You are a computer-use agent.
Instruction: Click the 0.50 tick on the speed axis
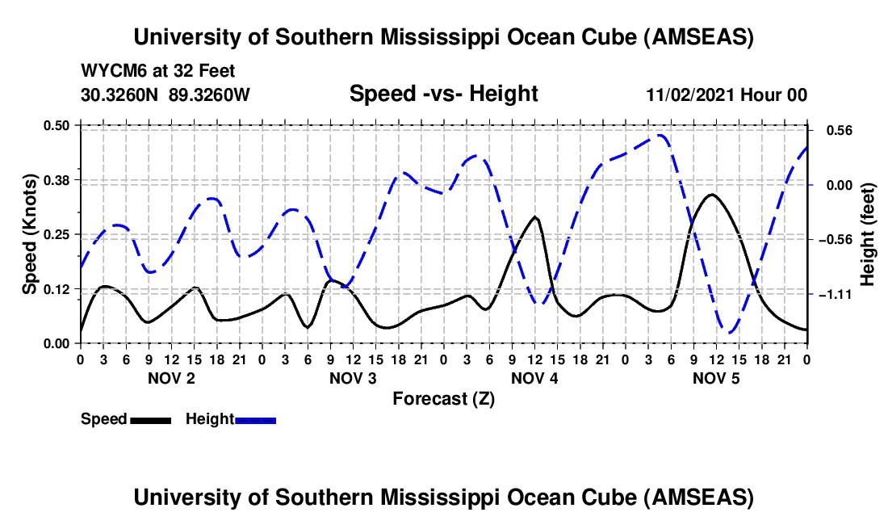point(57,125)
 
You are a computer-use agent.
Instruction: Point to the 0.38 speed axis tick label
point(57,179)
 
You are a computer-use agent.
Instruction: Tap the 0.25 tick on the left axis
point(57,234)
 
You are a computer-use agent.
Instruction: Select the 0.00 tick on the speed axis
point(57,343)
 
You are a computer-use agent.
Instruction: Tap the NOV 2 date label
point(170,378)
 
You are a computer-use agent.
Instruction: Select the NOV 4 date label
point(534,378)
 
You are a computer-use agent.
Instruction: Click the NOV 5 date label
point(716,378)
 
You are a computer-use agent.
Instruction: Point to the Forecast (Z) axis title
point(443,398)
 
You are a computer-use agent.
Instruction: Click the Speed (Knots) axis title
point(29,233)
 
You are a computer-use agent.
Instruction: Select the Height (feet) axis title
point(868,233)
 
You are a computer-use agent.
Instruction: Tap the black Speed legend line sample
point(150,419)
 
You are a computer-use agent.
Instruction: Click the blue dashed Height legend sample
point(255,419)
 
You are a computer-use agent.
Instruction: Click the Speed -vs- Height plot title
point(443,94)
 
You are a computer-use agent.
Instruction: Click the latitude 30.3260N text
point(121,94)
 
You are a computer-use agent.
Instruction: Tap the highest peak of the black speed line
point(711,195)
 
